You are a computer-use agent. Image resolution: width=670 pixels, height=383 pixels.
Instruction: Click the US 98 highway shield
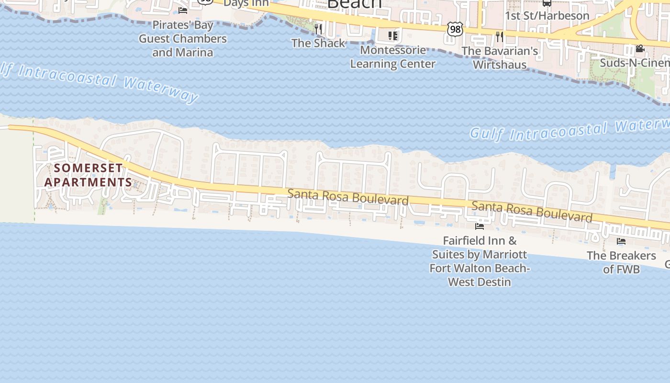455,29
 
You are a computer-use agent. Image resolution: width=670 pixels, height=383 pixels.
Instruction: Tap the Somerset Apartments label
88,175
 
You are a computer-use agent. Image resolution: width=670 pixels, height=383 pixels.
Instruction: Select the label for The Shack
318,43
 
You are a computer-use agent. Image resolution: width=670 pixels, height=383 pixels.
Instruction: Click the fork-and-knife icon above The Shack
318,28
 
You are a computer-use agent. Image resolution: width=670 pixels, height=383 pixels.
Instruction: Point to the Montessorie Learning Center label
393,57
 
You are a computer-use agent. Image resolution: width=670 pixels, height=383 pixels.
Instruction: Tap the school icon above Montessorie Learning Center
393,35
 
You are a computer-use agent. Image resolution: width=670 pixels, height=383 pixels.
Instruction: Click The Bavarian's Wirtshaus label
500,57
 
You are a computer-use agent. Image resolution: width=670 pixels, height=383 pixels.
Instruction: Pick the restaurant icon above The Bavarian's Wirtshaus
500,36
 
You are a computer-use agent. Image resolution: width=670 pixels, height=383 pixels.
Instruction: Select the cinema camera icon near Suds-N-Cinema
640,48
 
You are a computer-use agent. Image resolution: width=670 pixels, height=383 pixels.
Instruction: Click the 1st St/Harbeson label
547,15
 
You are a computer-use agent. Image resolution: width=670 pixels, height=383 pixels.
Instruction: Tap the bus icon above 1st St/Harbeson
547,3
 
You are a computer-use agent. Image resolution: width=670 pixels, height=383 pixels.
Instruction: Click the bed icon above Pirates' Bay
183,10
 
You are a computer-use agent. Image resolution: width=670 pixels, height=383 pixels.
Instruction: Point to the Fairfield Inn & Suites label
480,261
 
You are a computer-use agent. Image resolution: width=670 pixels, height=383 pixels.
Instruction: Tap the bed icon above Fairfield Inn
480,226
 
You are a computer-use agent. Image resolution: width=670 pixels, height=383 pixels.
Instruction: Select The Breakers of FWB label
621,262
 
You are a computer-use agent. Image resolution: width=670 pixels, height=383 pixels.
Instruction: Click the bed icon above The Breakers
621,241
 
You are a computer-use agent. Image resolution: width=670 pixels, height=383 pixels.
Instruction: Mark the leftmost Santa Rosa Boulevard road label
348,197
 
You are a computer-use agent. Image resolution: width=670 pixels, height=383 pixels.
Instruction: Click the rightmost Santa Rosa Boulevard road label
532,212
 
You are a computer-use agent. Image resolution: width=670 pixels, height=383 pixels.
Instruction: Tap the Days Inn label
246,3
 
